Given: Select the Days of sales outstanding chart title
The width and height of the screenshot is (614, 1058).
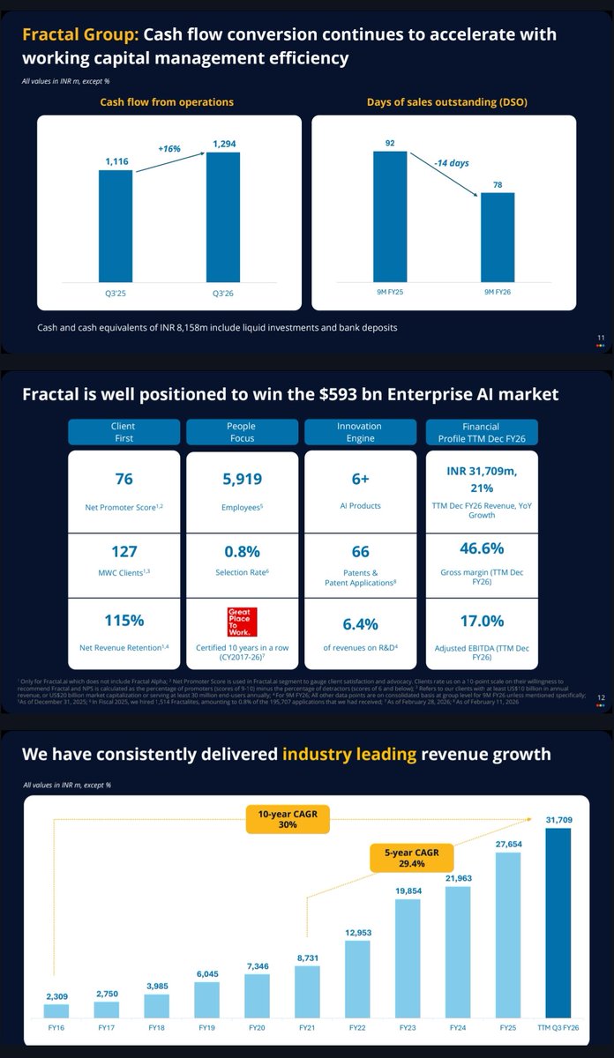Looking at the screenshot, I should pyautogui.click(x=443, y=102).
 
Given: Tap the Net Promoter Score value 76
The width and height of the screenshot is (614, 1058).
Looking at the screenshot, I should pyautogui.click(x=124, y=479).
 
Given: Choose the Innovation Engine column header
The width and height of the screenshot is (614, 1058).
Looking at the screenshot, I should pyautogui.click(x=359, y=431).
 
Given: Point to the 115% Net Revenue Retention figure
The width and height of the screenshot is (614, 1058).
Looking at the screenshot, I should pyautogui.click(x=124, y=620).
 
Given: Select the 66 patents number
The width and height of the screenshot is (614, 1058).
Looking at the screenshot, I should pyautogui.click(x=359, y=551).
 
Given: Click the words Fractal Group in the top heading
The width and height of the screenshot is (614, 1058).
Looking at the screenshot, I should pyautogui.click(x=79, y=35).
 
